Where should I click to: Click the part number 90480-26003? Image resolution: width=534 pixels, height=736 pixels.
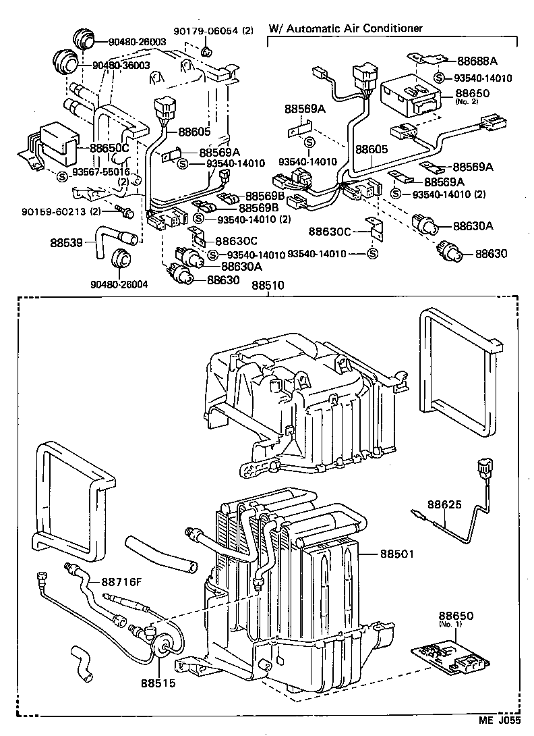point(137,42)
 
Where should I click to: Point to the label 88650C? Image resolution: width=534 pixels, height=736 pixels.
point(110,149)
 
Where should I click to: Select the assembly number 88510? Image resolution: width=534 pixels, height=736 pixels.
point(268,286)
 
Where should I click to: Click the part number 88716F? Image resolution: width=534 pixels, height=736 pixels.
point(124,582)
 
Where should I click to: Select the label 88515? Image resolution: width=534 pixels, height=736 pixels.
point(158,683)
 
